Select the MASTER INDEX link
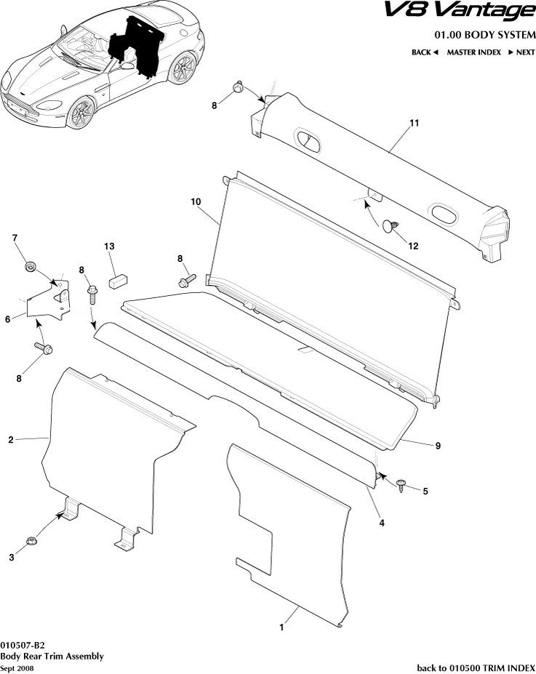(473, 52)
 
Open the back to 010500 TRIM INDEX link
(476, 667)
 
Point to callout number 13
(109, 247)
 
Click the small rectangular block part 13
(119, 280)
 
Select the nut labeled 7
(30, 267)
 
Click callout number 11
(414, 124)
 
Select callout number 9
(437, 445)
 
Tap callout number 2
(11, 439)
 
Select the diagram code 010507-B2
(23, 646)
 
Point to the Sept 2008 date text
(17, 667)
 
